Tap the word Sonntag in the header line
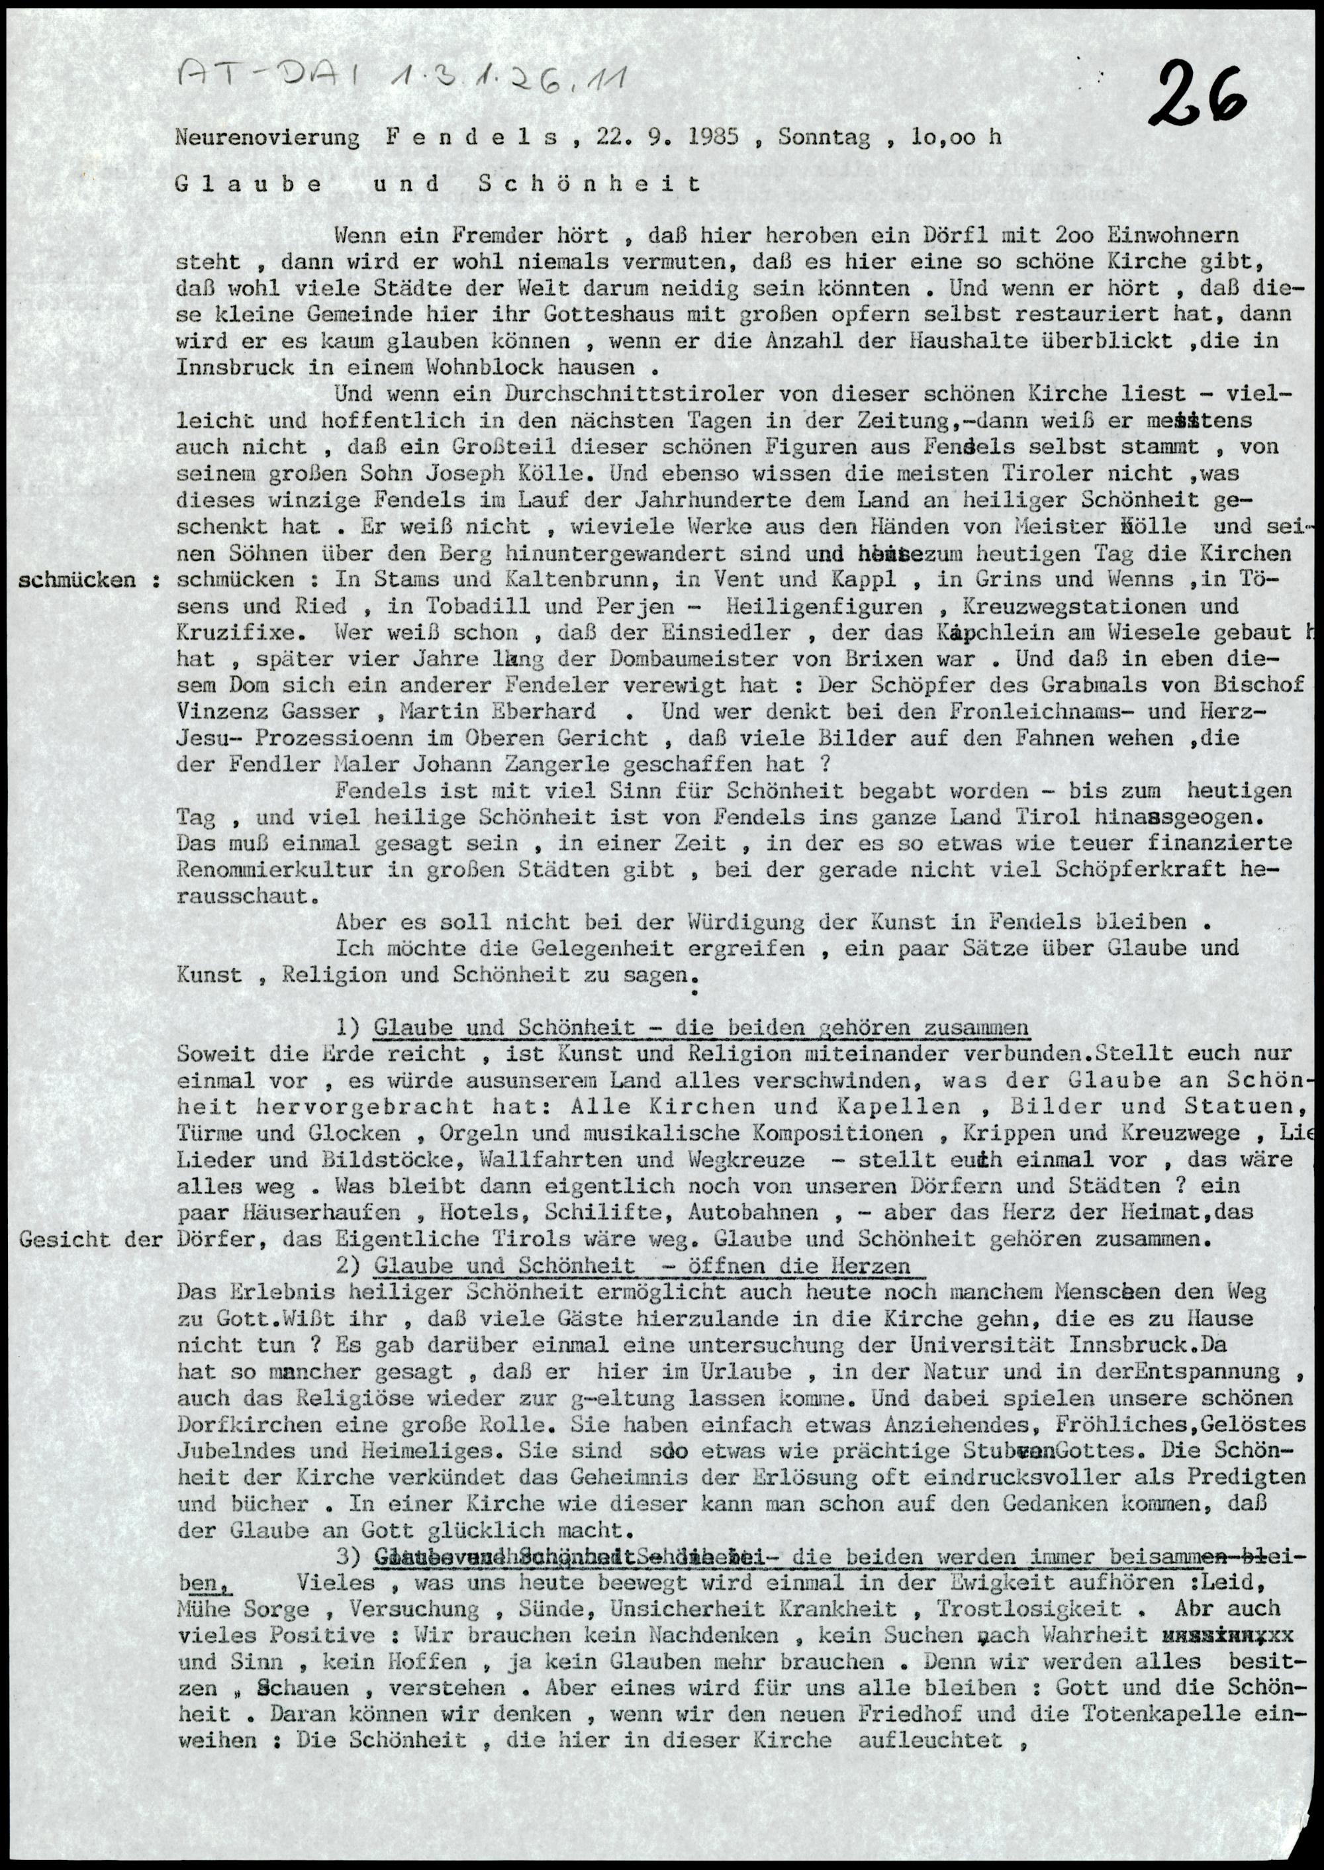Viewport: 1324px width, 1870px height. [823, 136]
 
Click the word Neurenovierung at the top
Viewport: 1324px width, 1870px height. [267, 136]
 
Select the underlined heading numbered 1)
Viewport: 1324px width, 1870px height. [701, 1027]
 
